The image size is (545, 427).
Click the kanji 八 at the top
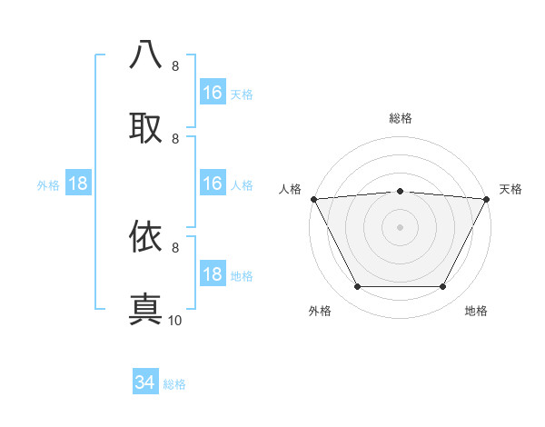coord(146,55)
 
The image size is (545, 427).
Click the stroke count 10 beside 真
coord(175,320)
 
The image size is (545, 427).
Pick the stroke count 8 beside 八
coord(175,66)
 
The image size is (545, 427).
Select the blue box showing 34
coord(145,383)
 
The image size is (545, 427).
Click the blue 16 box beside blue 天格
coord(213,93)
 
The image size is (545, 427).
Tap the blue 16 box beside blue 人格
coord(213,184)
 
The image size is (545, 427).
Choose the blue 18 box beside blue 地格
coord(213,274)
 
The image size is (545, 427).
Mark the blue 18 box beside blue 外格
coord(78,184)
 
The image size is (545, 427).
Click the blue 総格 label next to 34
coord(174,384)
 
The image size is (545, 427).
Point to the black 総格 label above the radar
coord(401,118)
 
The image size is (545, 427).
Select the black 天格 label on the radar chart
coord(511,189)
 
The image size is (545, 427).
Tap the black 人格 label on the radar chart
coord(290,189)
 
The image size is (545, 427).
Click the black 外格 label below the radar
coord(320,311)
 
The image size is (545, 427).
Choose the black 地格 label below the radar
coord(476,311)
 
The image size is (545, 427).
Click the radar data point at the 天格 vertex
coord(487,198)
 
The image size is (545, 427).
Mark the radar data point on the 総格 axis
coord(401,191)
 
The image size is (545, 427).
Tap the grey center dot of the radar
coord(401,226)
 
